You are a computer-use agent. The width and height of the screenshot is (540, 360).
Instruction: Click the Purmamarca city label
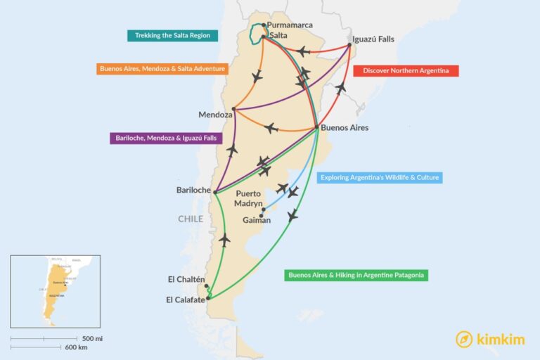pos(290,25)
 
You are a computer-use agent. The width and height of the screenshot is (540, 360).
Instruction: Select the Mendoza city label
pos(215,115)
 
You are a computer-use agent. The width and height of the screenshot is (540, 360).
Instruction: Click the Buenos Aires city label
pos(345,128)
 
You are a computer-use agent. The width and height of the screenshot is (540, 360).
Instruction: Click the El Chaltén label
pos(186,279)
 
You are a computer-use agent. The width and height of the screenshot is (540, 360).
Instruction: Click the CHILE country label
pos(190,219)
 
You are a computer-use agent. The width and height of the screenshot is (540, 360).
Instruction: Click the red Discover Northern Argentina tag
pos(406,71)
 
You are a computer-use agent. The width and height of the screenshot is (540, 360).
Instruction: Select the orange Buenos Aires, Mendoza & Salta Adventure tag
pos(162,69)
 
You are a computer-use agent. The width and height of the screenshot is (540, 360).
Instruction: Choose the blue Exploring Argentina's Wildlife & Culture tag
pos(380,178)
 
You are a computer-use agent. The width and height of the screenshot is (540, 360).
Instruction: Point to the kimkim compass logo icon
pos(463,339)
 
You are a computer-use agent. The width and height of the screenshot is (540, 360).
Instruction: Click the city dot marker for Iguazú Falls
pos(350,46)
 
